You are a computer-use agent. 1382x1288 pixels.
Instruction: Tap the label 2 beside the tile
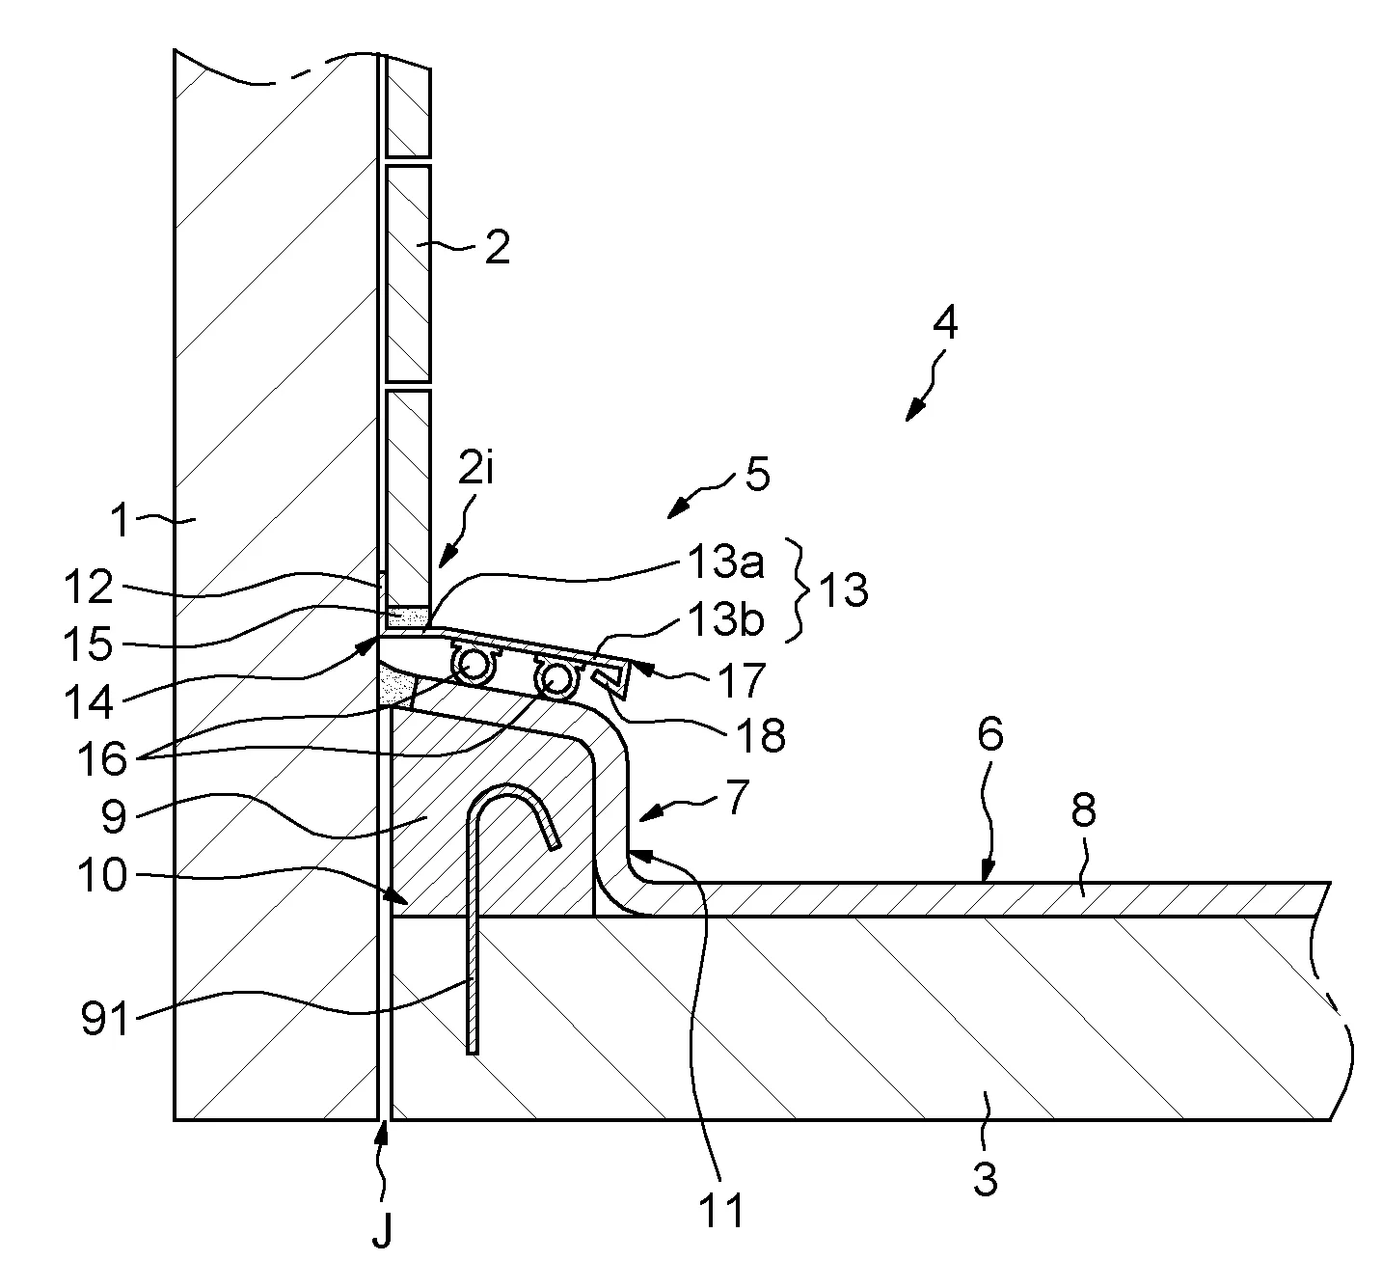coord(497,248)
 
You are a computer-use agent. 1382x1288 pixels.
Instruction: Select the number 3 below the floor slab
coord(985,1178)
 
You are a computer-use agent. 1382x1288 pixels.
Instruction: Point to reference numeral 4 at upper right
coord(945,323)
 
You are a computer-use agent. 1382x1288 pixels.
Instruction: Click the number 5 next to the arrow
coord(757,477)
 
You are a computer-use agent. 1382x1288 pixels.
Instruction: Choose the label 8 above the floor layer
coord(1084,811)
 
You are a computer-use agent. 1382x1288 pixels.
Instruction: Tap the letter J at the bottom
coord(383,1234)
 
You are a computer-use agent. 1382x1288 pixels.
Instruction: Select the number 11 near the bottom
coord(722,1210)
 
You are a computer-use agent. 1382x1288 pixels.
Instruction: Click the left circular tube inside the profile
coord(474,665)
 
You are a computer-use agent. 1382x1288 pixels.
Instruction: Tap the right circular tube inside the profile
coord(557,678)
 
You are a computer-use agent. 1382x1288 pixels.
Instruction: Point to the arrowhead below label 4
coord(910,416)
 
